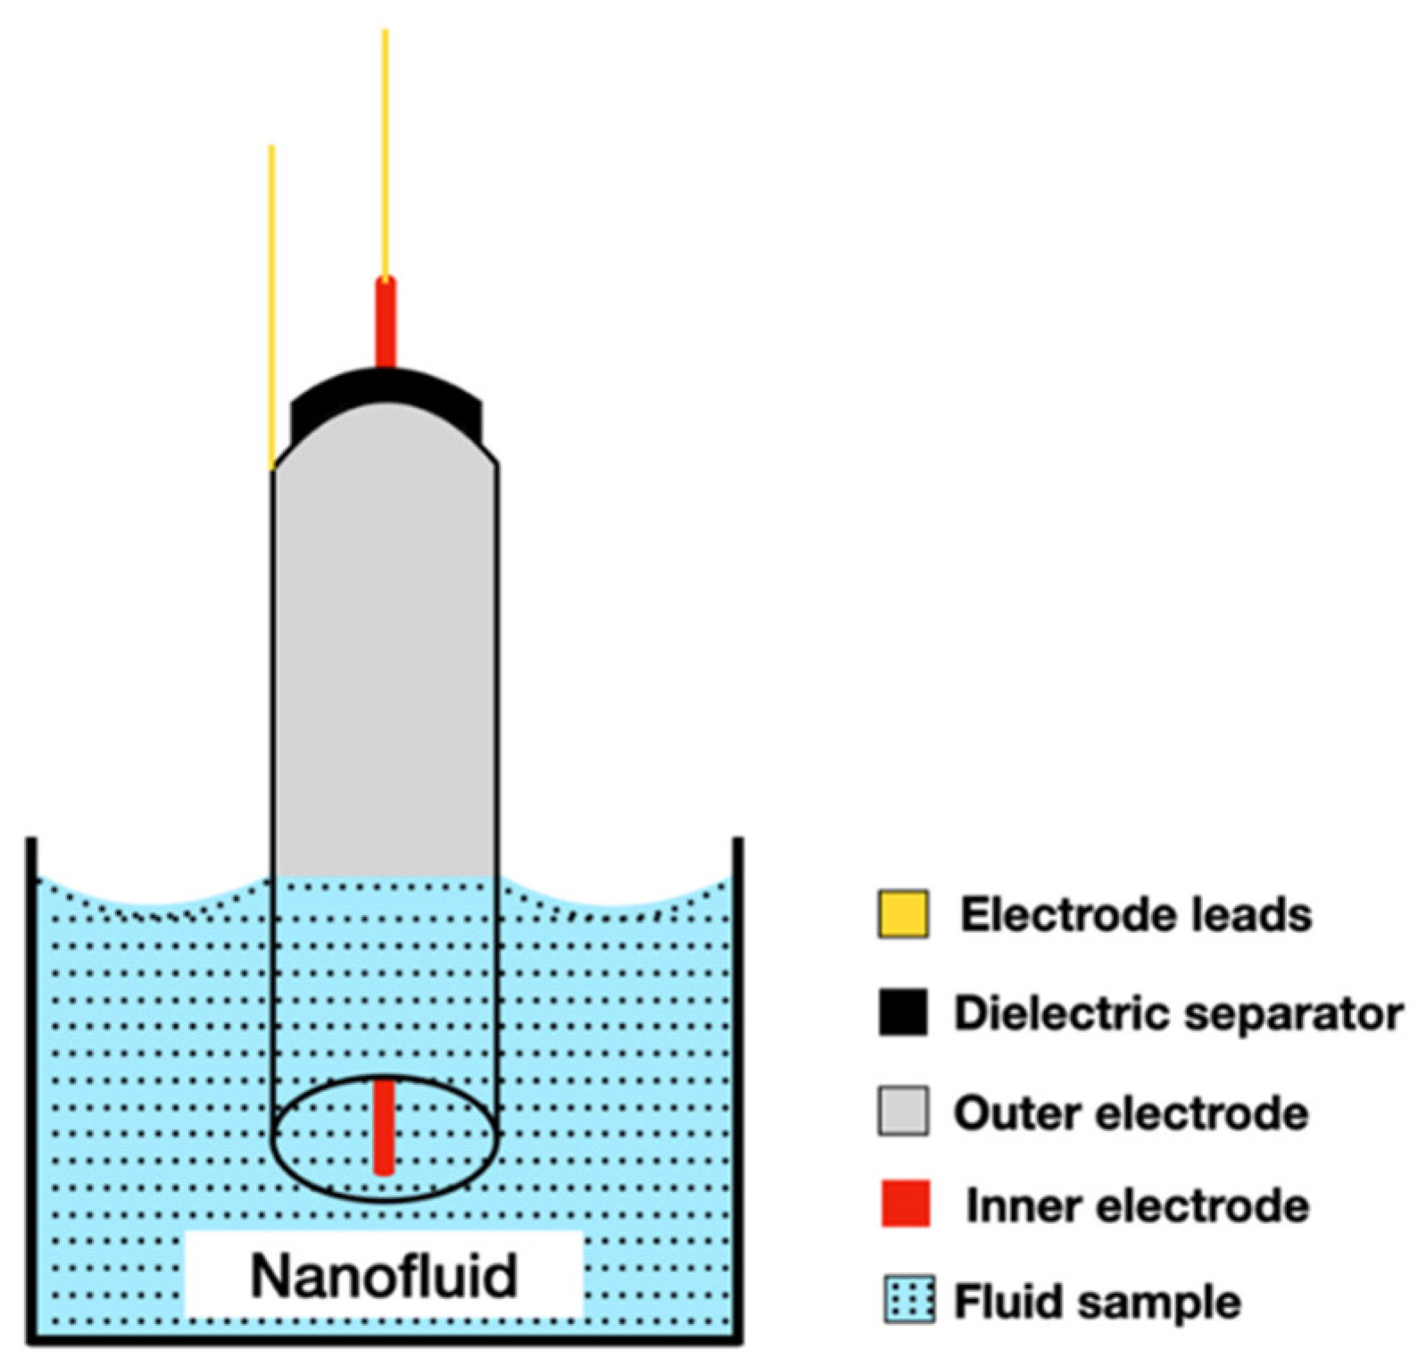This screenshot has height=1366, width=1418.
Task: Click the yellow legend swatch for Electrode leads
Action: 902,914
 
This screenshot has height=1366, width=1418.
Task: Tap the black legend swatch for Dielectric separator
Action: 902,1012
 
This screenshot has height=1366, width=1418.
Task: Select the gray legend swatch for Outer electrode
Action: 902,1111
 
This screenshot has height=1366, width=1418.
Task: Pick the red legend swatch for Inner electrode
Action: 905,1204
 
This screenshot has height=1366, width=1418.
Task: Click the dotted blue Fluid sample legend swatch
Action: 909,1300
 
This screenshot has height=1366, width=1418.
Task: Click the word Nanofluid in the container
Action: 384,1275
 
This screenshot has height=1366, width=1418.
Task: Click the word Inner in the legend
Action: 1023,1206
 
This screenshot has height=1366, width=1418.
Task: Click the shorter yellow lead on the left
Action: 271,304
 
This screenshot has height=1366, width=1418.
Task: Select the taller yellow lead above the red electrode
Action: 386,152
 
